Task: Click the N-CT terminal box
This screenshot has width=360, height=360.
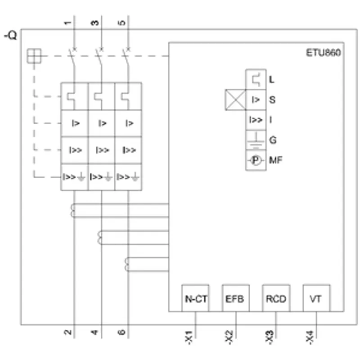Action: coord(195,298)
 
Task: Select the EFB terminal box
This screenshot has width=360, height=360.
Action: coord(236,298)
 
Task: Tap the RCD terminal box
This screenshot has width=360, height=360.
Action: coord(276,298)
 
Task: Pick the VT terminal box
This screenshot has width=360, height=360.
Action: coord(317,298)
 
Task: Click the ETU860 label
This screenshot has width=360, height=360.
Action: coord(323,53)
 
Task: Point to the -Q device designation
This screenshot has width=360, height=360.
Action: coord(10,36)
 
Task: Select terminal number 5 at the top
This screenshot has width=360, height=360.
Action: coord(122,23)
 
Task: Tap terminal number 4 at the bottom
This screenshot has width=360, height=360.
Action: coord(94,332)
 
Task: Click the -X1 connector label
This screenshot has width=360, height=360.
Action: coord(189,337)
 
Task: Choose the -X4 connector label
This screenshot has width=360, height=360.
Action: coord(310,337)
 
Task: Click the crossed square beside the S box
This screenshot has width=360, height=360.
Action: coord(235,100)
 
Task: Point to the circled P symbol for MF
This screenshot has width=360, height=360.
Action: coord(256,160)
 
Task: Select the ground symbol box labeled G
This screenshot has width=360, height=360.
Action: coord(256,140)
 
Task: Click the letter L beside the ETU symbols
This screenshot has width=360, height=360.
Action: coord(272,80)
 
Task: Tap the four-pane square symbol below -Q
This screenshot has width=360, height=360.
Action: coord(34,56)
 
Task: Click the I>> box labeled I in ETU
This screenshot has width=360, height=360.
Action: coord(256,120)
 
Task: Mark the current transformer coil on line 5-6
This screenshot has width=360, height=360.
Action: coord(126,265)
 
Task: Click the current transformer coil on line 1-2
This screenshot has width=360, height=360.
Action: coord(72,210)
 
